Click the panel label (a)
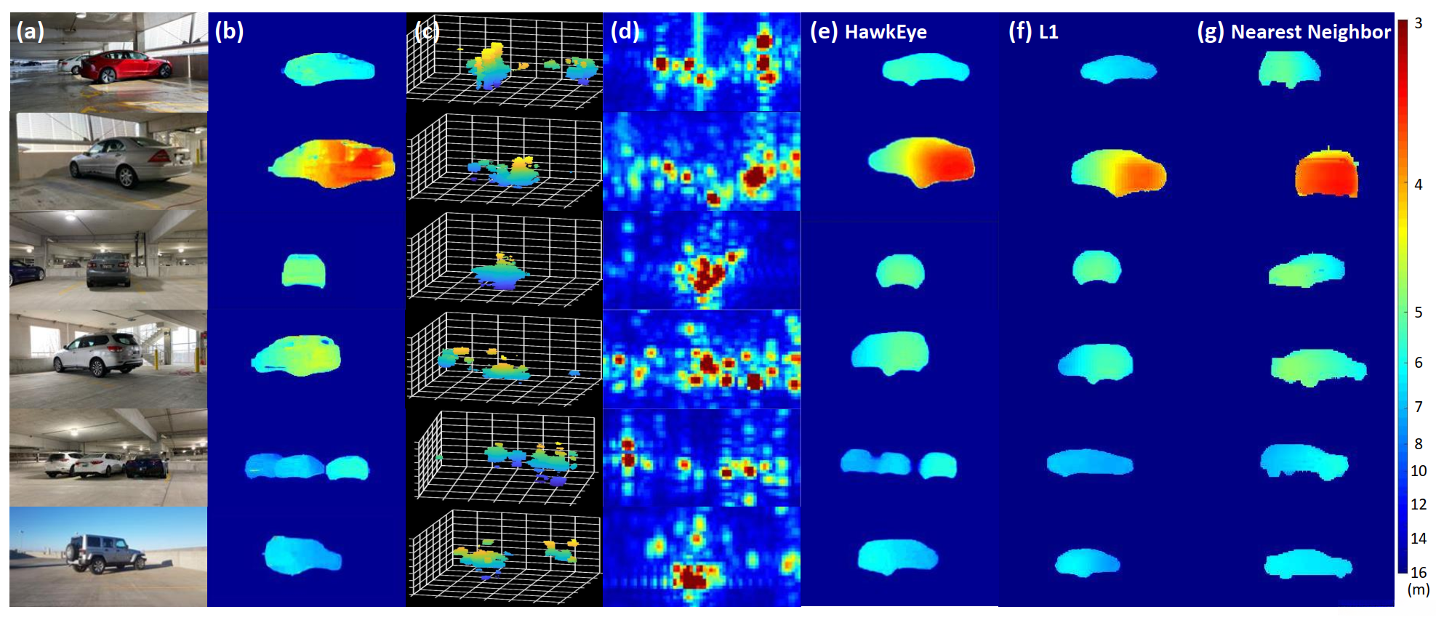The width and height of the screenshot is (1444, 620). [30, 31]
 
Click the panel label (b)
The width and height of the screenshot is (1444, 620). [229, 31]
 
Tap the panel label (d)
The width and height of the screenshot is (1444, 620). [625, 31]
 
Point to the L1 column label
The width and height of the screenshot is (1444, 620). [1048, 32]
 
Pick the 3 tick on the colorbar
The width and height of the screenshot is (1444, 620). [1418, 23]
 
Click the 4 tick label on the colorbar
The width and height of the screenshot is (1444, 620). [1418, 185]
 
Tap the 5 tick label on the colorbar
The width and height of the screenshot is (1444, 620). [1418, 313]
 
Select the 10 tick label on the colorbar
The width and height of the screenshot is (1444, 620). [1419, 471]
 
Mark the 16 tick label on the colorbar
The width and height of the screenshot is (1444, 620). [1419, 573]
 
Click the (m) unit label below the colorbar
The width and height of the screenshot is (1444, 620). [1419, 589]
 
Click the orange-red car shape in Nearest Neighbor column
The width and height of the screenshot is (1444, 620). [1327, 174]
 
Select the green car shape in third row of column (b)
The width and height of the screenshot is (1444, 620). [303, 270]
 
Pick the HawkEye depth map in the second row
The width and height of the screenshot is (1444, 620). [922, 162]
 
